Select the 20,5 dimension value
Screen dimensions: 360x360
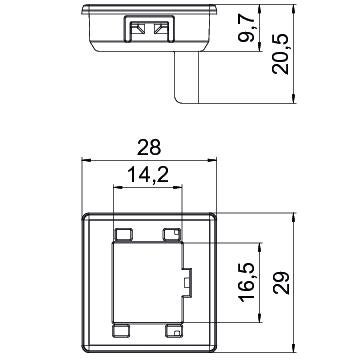click(280, 54)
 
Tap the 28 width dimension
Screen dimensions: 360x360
click(149, 147)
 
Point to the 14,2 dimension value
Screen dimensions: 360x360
click(148, 176)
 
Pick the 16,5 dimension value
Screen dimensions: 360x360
click(247, 282)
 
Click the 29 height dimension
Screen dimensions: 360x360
click(281, 283)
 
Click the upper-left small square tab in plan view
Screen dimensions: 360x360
click(123, 235)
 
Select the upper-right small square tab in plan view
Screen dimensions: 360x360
click(172, 235)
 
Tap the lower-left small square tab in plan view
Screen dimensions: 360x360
click(121, 330)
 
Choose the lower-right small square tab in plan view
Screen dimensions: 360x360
click(174, 330)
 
